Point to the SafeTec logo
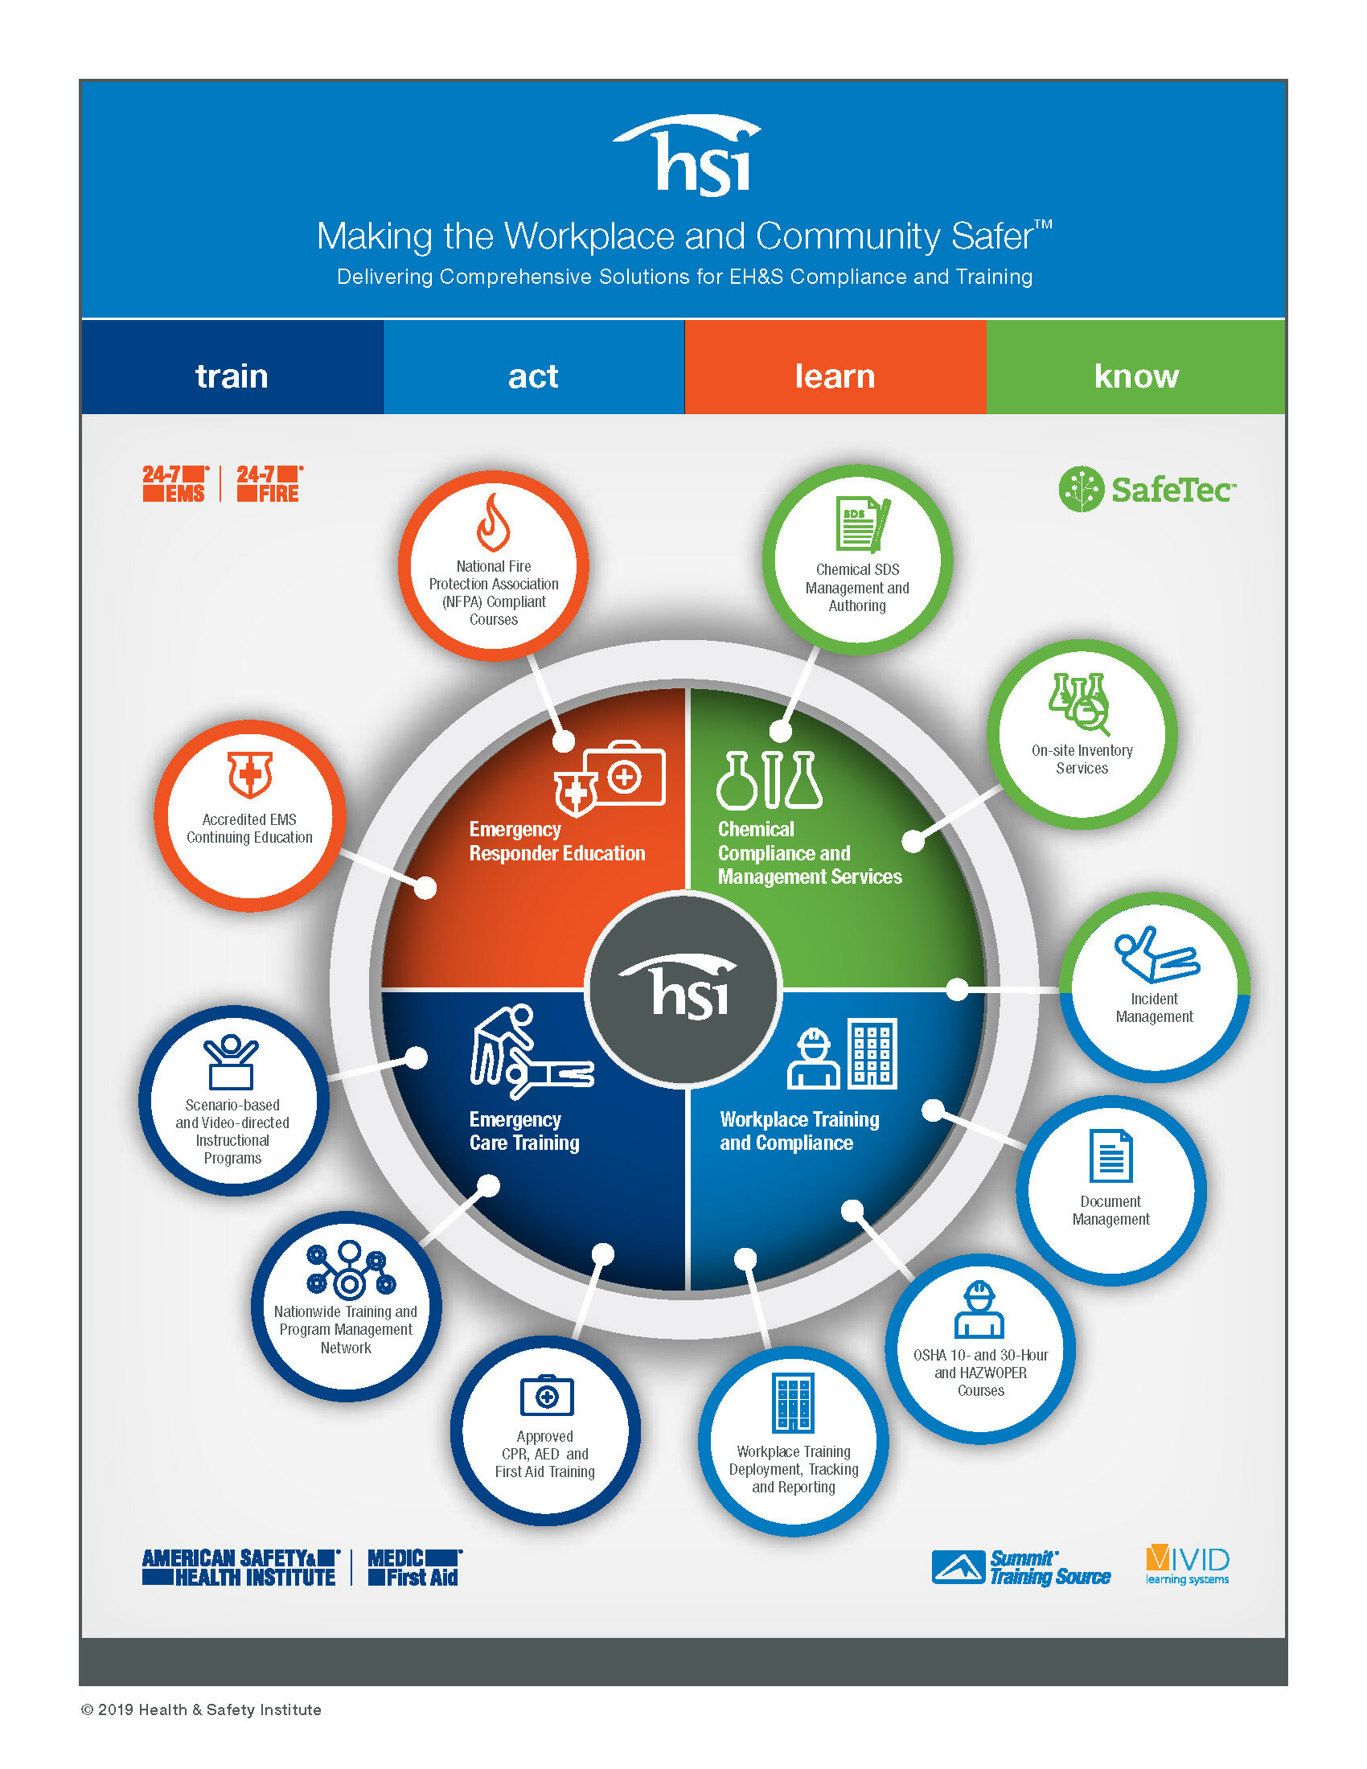(x=1147, y=488)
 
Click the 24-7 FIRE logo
(x=269, y=483)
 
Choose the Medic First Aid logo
(x=414, y=1567)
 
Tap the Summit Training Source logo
(x=1021, y=1567)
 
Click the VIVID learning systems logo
(x=1187, y=1565)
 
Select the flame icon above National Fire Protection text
(x=493, y=523)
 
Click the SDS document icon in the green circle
(x=861, y=524)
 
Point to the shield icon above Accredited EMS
(x=249, y=774)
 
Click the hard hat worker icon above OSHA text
(x=979, y=1309)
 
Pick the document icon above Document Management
(x=1110, y=1155)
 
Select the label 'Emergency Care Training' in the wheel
(x=524, y=1131)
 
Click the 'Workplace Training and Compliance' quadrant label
(x=798, y=1131)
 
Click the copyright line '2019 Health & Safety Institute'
(x=202, y=1709)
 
